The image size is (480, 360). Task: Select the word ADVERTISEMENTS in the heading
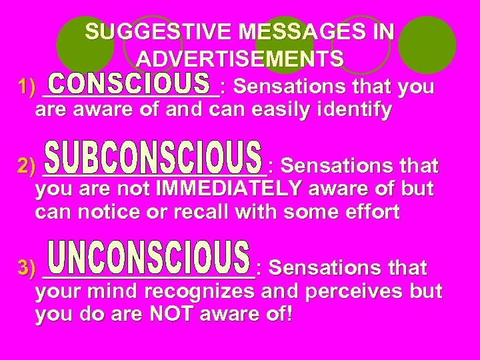[240, 59]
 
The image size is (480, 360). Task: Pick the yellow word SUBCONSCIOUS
[153, 159]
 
